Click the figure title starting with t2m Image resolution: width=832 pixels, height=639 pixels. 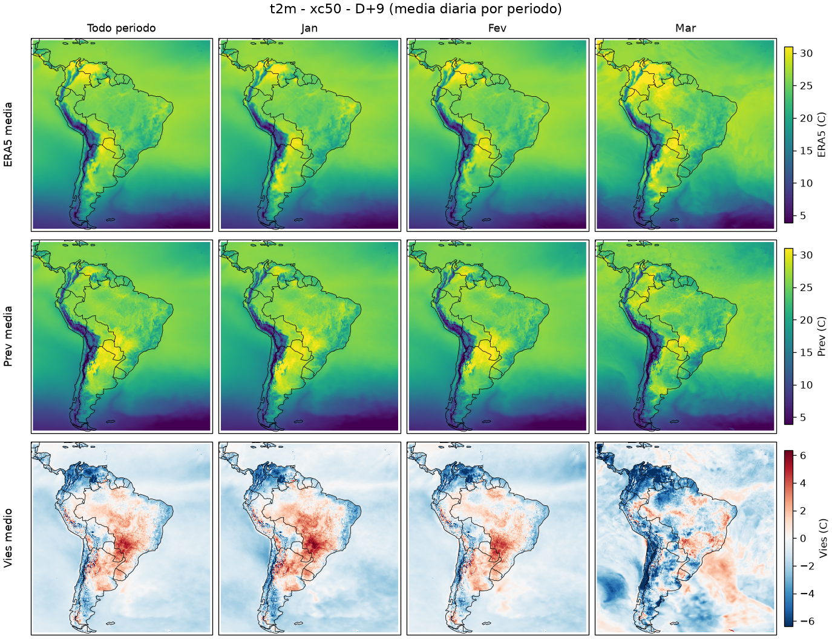point(416,9)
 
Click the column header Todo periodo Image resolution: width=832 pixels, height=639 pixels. point(122,28)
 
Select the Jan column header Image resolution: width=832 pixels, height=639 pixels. point(309,28)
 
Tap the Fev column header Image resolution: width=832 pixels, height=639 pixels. point(497,28)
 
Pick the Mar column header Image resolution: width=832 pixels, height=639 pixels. point(686,28)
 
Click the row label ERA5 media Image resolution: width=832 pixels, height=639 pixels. point(8,134)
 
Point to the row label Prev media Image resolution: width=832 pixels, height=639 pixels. point(8,336)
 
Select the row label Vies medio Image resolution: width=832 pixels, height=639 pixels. point(8,539)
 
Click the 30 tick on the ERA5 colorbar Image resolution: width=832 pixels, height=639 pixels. point(806,53)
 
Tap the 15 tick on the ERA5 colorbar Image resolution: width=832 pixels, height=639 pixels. point(806,151)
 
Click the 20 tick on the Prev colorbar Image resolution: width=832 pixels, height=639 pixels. point(806,320)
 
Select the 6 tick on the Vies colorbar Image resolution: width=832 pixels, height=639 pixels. point(803,456)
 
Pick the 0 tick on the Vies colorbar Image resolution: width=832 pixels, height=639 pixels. point(803,539)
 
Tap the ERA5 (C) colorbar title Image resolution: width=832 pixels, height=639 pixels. point(821,134)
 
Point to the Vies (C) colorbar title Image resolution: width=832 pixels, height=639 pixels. point(821,539)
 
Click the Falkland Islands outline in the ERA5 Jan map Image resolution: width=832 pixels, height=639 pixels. point(299,220)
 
